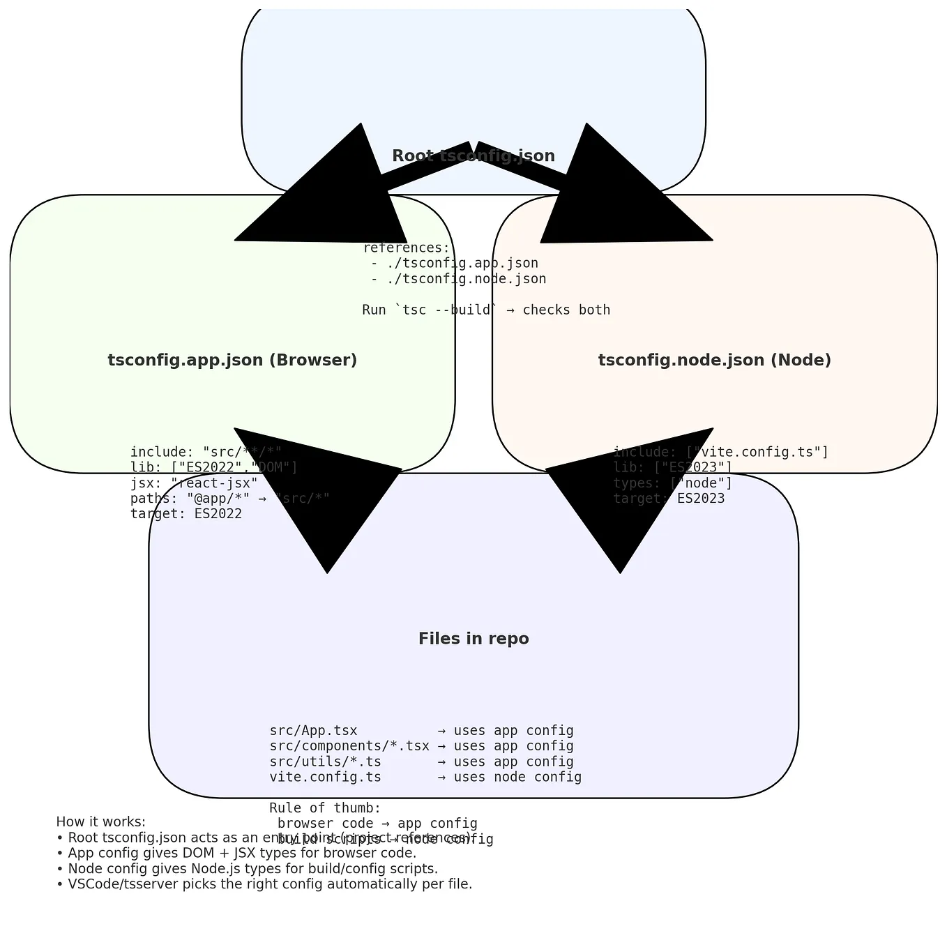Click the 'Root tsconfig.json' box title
(x=473, y=156)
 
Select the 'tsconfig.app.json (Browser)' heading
(x=232, y=361)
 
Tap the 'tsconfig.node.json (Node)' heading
(x=714, y=361)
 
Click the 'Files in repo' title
(x=473, y=639)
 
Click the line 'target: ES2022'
(x=186, y=514)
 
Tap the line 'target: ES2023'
(x=669, y=499)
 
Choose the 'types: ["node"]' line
(x=672, y=483)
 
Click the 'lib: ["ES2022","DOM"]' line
(x=214, y=467)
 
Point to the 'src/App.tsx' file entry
(x=313, y=731)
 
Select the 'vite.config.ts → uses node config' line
(x=425, y=777)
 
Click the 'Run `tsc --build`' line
(x=486, y=310)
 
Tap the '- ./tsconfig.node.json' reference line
(x=458, y=279)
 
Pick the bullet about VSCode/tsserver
(x=265, y=884)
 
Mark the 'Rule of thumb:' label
(x=325, y=808)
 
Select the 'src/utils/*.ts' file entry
(x=325, y=762)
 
